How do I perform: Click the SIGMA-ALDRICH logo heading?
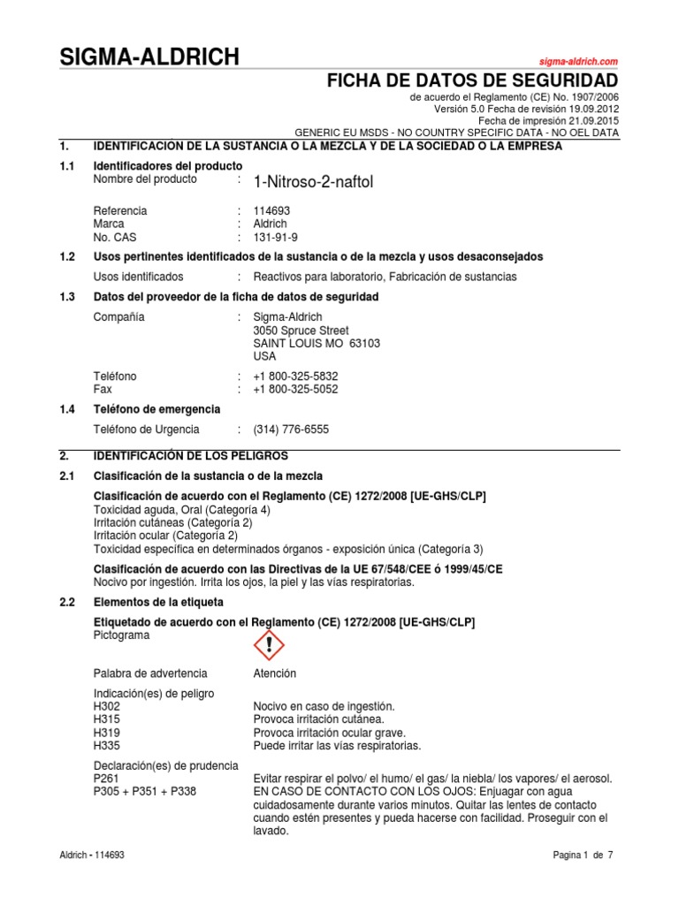tap(149, 58)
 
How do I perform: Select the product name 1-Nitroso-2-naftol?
tap(313, 182)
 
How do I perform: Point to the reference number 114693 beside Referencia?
tap(271, 211)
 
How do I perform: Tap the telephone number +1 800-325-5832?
tap(295, 376)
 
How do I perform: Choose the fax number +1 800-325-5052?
tap(295, 389)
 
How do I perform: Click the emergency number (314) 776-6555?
tap(291, 430)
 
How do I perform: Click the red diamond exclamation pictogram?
tap(269, 646)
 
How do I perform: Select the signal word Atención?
tap(275, 673)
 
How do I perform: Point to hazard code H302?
tap(106, 706)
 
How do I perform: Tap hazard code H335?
tap(106, 746)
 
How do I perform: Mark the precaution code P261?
tap(106, 779)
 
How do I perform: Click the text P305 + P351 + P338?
tap(144, 792)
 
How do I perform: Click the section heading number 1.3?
tap(67, 297)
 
